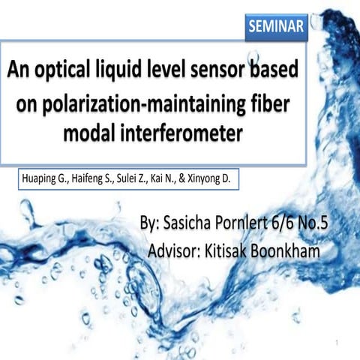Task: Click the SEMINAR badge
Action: pos(276,28)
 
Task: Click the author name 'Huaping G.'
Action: pos(44,181)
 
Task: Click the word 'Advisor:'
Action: pos(182,250)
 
